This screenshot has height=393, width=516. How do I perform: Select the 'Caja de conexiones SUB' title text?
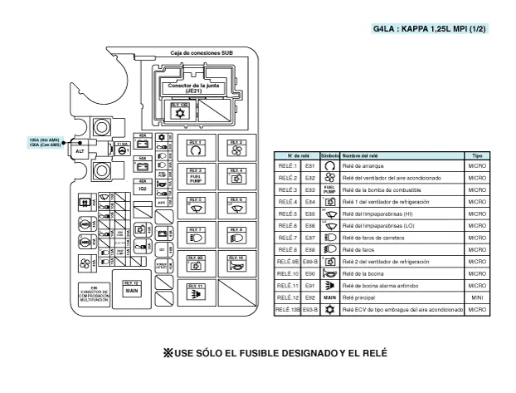(202, 52)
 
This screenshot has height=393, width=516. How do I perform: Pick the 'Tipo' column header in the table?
(477, 155)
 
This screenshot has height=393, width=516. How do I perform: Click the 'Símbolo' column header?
(329, 155)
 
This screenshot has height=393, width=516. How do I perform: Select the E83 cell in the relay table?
(310, 189)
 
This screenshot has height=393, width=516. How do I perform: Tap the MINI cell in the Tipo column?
(477, 297)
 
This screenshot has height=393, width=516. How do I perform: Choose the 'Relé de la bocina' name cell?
(369, 273)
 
